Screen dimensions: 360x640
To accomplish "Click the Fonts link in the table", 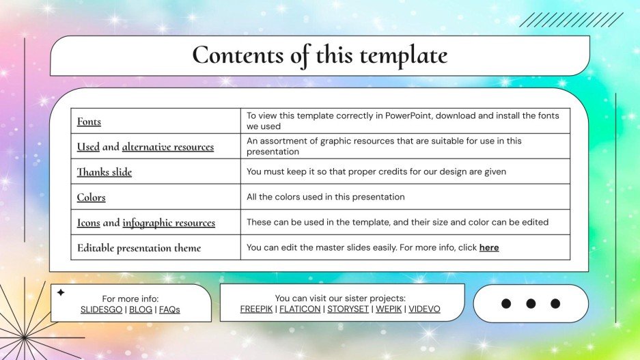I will coord(89,122).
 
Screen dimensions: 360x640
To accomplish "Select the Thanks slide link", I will coord(104,172).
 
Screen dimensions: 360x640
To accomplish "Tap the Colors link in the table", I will coord(91,197).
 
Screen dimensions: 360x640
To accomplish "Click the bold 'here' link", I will coord(489,247).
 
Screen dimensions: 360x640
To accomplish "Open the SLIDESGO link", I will coord(102,309).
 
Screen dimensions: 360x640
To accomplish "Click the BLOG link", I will coord(141,309).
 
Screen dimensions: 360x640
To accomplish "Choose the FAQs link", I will coord(169,309).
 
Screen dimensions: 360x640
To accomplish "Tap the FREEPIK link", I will coord(257,309).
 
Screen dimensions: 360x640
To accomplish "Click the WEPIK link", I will coord(389,309).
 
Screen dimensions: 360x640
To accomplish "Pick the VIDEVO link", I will coord(424,309).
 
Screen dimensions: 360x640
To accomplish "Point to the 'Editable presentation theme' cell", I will coord(139,248).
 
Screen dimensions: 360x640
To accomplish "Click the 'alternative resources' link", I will coord(167,147).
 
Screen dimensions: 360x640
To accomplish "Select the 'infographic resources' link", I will coord(169,223).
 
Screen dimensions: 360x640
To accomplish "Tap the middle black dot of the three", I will coord(531,303).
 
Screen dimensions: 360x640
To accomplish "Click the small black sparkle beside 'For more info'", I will coord(60,292).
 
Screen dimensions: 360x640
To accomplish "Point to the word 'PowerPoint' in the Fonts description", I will coord(408,115).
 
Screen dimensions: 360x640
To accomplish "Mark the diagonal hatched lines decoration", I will coord(571,20).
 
